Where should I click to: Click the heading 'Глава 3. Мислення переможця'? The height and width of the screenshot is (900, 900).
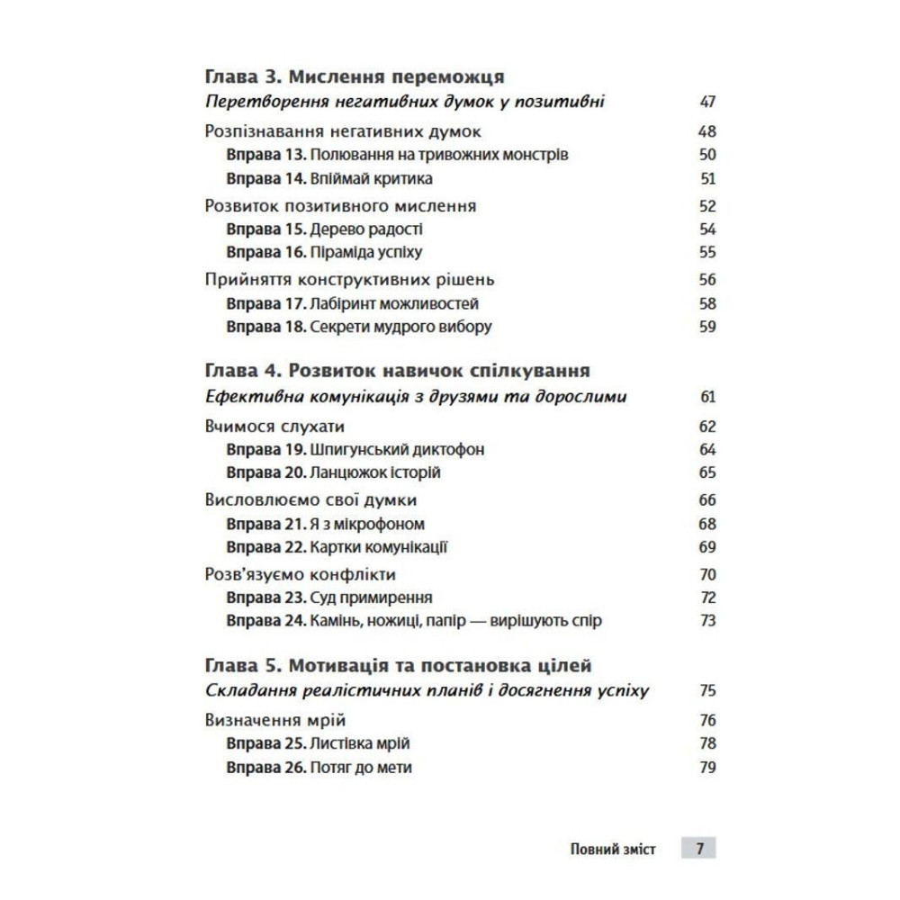click(x=354, y=76)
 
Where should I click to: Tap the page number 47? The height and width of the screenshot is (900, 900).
click(x=706, y=101)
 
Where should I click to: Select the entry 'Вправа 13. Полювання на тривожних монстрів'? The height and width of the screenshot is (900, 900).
click(x=397, y=155)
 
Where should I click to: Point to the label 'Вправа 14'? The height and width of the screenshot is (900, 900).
click(x=267, y=178)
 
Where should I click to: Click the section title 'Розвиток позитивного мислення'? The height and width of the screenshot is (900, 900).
click(x=341, y=206)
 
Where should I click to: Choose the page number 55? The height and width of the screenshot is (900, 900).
click(x=706, y=253)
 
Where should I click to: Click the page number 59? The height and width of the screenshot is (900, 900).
click(x=706, y=328)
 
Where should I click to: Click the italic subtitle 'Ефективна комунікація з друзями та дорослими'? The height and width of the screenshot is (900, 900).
click(x=416, y=396)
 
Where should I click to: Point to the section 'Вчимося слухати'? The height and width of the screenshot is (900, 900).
click(x=275, y=426)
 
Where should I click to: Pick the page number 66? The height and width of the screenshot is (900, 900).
click(x=706, y=500)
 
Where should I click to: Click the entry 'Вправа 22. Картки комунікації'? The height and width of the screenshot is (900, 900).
click(x=337, y=547)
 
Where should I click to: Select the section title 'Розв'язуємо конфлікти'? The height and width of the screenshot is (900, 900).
click(x=301, y=574)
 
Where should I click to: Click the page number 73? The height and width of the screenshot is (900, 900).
click(x=706, y=621)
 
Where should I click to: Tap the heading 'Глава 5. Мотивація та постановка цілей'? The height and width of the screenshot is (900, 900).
click(x=399, y=666)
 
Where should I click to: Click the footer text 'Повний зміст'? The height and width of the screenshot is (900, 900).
click(x=614, y=849)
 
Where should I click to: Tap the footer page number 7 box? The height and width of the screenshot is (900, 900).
click(x=698, y=849)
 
